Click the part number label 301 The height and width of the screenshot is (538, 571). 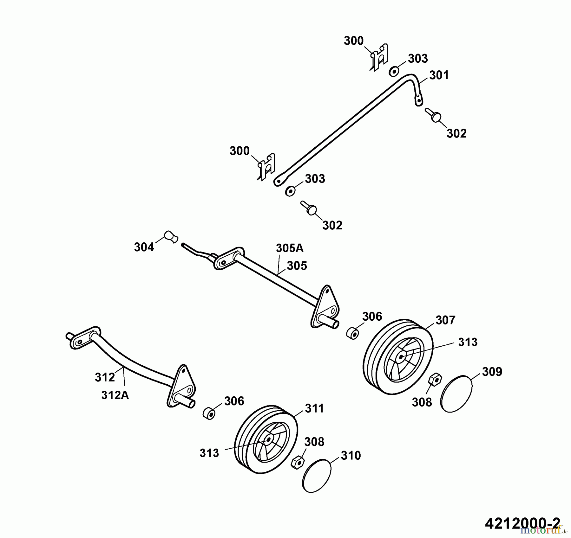[439, 75]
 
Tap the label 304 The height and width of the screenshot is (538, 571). [144, 247]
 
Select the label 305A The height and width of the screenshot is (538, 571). [290, 248]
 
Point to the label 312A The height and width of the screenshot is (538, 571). [115, 396]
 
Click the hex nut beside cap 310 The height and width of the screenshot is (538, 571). [298, 463]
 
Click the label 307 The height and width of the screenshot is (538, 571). [445, 320]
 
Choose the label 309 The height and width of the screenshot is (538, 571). [492, 372]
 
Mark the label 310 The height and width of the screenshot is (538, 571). [351, 456]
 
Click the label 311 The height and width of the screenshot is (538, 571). [314, 409]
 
